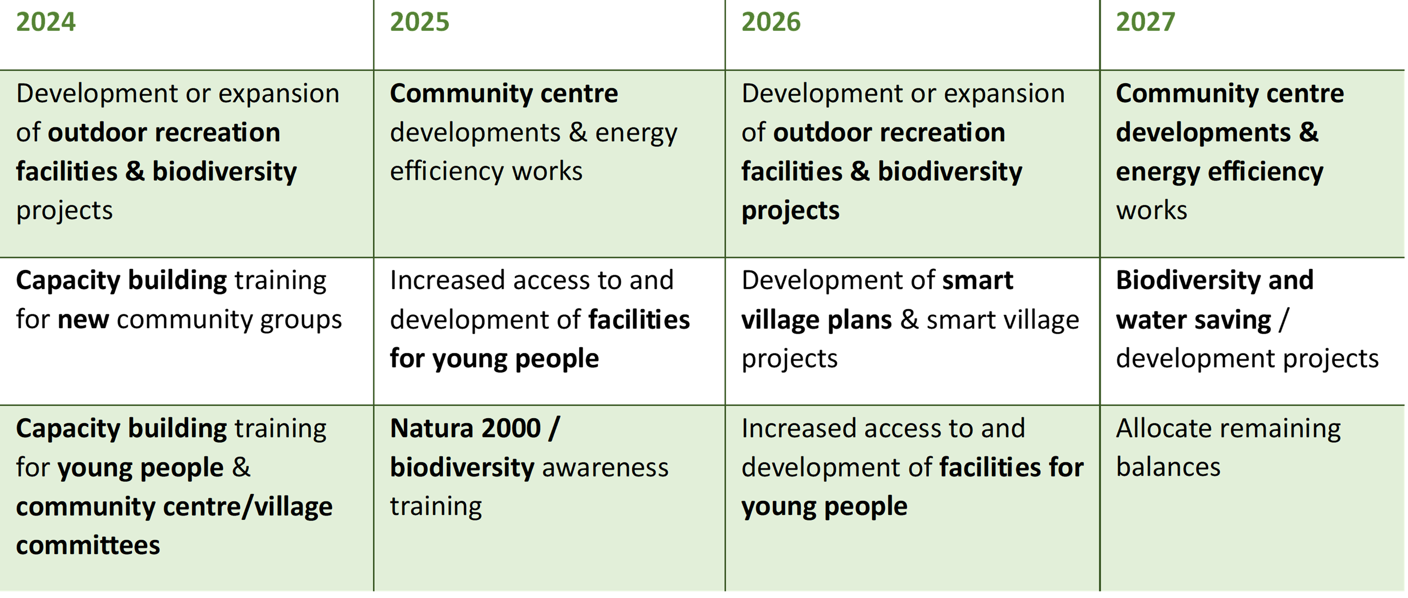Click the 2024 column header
click(x=46, y=23)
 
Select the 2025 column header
click(x=420, y=23)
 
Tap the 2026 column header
click(x=771, y=23)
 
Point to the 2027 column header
click(x=1145, y=23)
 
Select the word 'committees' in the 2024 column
click(x=88, y=546)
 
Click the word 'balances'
click(x=1168, y=467)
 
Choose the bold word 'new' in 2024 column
click(x=83, y=320)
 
